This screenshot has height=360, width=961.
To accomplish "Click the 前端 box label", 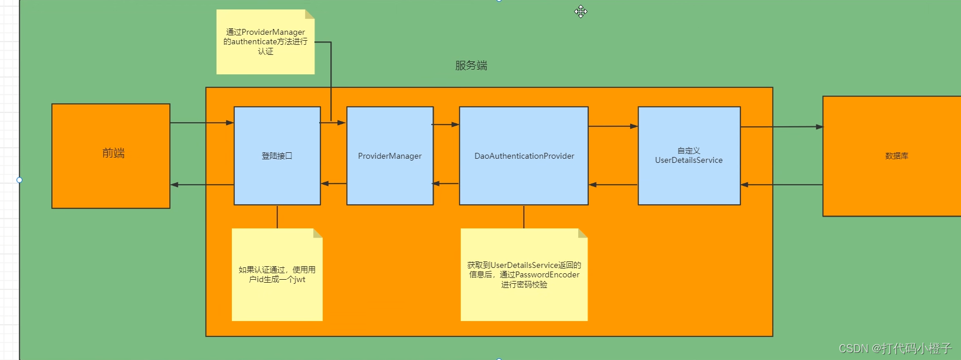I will pos(113,153).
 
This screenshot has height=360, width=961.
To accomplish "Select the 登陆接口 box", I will pos(277,156).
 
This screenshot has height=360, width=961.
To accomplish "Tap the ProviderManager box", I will pos(390,156).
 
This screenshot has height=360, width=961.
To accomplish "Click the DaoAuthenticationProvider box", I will pos(524,156).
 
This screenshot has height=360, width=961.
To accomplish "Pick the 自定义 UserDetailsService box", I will pos(689,156).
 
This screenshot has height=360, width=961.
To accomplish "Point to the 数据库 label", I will pos(897,156).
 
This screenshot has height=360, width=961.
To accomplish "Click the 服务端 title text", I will pos(471,66).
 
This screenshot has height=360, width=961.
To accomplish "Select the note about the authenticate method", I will pos(265,42).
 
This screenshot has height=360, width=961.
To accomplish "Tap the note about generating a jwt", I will pos(277,274).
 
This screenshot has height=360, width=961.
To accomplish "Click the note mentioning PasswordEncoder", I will pos(524,274).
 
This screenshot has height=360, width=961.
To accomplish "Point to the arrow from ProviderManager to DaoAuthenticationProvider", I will pos(446,125).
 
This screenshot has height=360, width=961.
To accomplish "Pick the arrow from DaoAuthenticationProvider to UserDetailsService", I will pos(613,126).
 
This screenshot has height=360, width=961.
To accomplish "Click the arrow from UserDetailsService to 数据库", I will pos(782,127).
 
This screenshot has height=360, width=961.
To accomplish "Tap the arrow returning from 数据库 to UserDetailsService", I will pos(782,185).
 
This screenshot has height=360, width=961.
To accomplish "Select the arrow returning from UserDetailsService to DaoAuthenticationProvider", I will pos(613,185).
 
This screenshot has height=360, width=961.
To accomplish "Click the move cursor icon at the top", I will pos(581,11).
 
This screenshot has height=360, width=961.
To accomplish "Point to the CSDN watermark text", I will pos(895,348).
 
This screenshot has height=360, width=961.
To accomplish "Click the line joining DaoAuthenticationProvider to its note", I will pos(524,217).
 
